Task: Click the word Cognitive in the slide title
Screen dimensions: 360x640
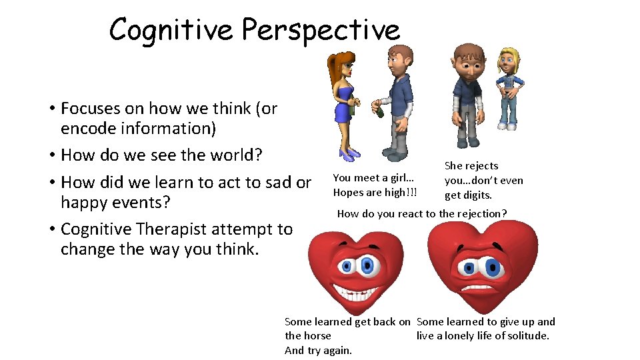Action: [171, 29]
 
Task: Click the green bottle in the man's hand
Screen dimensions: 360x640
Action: [380, 109]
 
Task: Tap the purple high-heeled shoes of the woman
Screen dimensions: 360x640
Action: [349, 155]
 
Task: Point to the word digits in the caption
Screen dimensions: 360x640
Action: [477, 195]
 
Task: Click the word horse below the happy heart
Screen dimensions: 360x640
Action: [317, 336]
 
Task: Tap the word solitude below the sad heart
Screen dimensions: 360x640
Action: [526, 336]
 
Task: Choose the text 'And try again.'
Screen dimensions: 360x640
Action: [318, 351]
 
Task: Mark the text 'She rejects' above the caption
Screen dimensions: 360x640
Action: [471, 166]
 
